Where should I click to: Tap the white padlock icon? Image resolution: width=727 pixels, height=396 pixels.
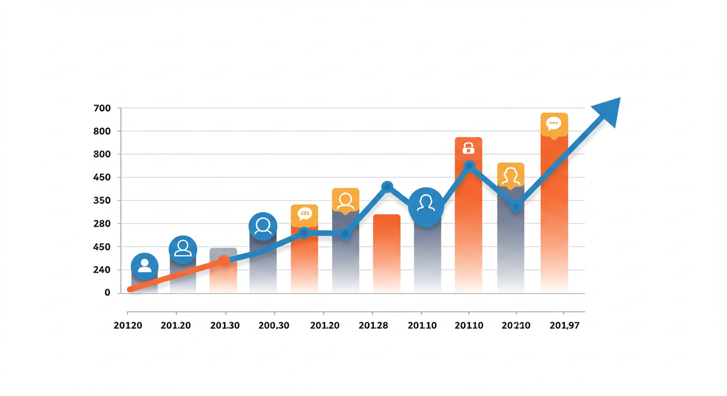[468, 148]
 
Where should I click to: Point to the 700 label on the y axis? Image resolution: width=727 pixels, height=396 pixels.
[102, 108]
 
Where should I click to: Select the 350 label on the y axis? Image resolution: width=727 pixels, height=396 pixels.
[102, 201]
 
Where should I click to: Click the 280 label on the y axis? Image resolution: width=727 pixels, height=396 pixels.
[102, 224]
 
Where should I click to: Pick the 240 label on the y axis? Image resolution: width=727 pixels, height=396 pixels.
[102, 270]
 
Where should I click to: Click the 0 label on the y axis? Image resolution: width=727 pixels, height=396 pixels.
[107, 292]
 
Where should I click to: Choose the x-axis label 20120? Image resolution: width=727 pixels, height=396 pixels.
[128, 326]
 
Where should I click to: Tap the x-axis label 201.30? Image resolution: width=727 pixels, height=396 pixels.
[225, 326]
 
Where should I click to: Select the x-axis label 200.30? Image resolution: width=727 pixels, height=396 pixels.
[274, 326]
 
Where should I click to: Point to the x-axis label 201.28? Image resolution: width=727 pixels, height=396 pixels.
[373, 326]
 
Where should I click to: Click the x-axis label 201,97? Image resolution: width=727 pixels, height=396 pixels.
[564, 326]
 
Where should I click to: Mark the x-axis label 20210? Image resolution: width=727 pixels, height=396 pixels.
[516, 326]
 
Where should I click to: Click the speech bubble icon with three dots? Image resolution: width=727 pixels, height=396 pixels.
[554, 124]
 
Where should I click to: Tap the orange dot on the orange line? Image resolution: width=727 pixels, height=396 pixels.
[224, 261]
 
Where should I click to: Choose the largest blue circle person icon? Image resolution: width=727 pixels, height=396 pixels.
[426, 207]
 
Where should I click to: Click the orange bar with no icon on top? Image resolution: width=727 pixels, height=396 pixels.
[387, 253]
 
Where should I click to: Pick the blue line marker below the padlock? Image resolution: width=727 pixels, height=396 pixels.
[469, 166]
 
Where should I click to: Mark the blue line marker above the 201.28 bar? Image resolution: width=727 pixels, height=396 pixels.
[387, 187]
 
